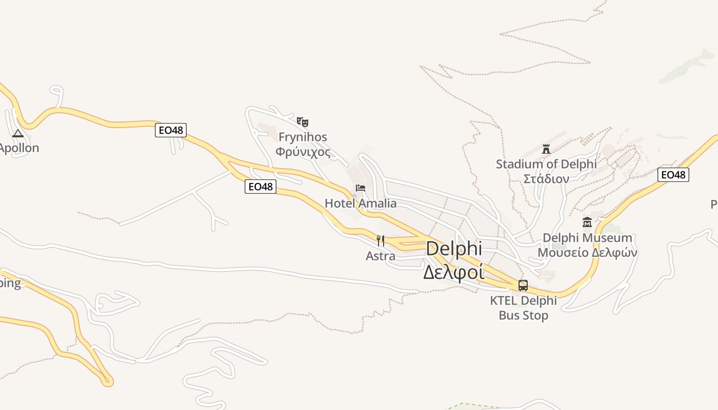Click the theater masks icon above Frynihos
click(303, 122)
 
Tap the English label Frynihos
click(303, 137)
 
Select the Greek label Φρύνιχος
click(303, 152)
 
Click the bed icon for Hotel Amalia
click(361, 188)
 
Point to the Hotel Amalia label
click(361, 203)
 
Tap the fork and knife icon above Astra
click(381, 240)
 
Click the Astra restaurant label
click(381, 256)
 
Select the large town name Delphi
click(454, 249)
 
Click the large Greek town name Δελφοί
click(454, 272)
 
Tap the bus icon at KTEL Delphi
click(523, 285)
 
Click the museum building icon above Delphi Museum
click(587, 222)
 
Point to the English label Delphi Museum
click(587, 238)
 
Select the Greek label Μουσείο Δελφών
click(587, 253)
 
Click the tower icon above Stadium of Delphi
click(546, 149)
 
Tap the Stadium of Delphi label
click(546, 165)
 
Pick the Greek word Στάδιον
click(546, 179)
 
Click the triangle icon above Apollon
click(18, 134)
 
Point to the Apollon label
click(18, 148)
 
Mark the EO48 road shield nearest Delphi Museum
click(673, 175)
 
